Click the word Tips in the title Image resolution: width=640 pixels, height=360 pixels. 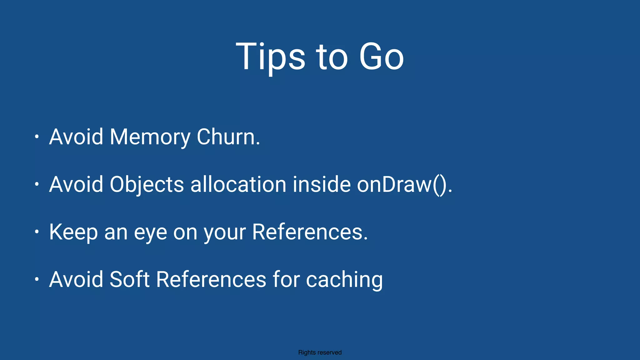(270, 57)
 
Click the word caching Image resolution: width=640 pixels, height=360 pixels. (344, 279)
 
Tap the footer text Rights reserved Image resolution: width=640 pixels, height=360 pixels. (320, 352)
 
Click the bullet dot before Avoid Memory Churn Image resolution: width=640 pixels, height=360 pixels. (37, 137)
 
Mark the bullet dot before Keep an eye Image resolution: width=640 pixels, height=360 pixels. (37, 232)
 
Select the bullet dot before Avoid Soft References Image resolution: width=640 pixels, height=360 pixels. (37, 279)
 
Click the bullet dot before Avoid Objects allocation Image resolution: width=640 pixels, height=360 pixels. (37, 184)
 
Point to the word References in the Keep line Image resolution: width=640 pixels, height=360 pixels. (310, 232)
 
